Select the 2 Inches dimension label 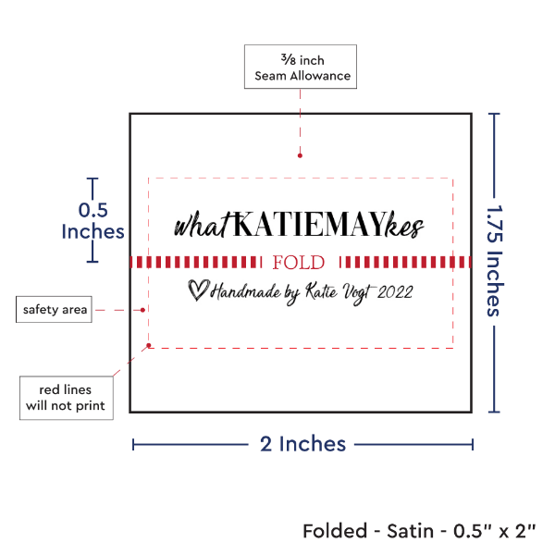point(302,444)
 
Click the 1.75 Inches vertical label point(495,261)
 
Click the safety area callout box point(55,310)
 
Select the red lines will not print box point(66,397)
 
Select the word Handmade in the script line point(245,293)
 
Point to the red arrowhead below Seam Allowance point(301,157)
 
